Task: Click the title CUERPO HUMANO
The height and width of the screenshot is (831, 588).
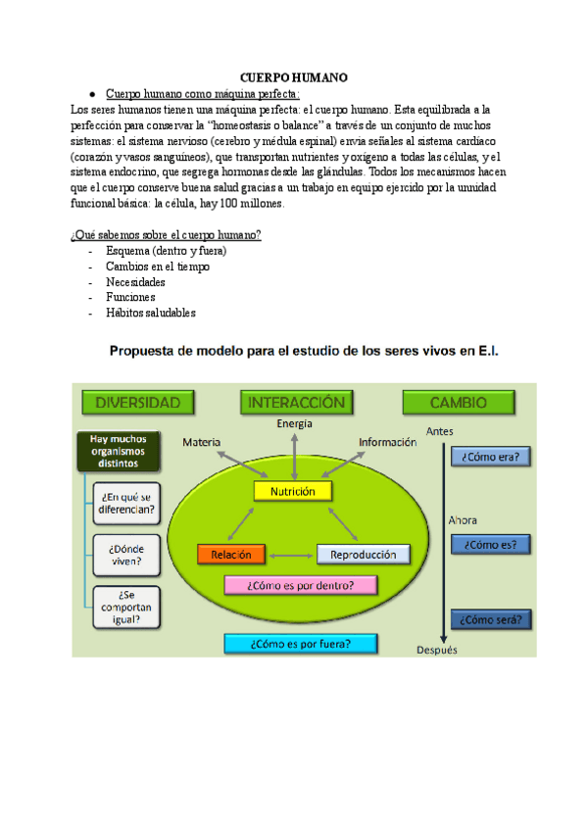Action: point(294,77)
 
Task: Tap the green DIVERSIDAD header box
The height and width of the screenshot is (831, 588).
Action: point(136,403)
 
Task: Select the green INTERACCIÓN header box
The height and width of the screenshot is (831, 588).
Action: point(295,403)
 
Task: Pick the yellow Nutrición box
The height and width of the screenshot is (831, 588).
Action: point(293,490)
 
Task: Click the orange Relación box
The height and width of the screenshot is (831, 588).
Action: point(231,555)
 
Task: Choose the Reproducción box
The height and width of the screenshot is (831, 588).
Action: point(362,555)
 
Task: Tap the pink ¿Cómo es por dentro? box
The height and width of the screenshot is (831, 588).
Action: point(301,585)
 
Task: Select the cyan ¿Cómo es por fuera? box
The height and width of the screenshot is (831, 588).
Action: point(300,644)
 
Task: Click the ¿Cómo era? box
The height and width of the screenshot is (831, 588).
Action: point(490,456)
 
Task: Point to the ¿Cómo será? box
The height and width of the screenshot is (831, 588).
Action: point(490,619)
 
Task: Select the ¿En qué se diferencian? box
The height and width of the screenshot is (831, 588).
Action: point(125,502)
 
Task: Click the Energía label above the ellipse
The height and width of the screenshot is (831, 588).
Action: point(294,423)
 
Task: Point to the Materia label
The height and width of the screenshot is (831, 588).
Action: point(202,442)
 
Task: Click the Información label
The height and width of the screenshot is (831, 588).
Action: point(387,442)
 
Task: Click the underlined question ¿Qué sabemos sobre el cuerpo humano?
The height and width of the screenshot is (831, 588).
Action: point(165,235)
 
